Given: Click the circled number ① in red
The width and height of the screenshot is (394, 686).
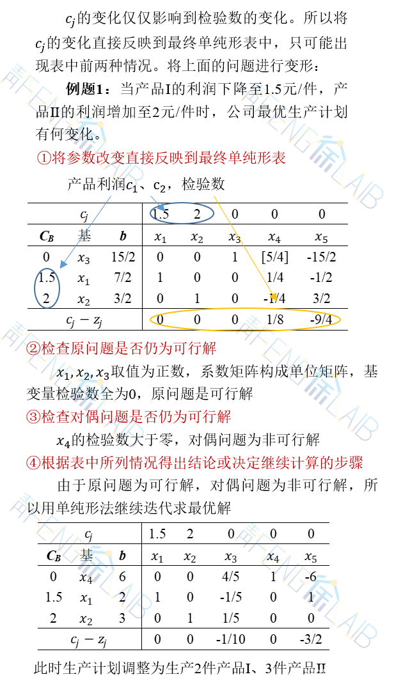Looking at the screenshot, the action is pos(43,158).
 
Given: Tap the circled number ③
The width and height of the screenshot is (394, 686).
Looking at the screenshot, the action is pos(33,417).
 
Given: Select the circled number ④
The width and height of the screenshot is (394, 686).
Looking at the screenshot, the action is pos(33,463).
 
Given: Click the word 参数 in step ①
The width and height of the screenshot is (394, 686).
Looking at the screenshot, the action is pos(74,158).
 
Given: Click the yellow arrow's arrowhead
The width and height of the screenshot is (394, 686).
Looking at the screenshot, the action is pos(274,297).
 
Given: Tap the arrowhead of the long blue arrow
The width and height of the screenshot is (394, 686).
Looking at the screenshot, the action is pos(63,264).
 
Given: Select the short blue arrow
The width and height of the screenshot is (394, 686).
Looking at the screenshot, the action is pos(157,203).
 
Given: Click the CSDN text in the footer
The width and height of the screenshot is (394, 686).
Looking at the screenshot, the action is pos(314,674).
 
